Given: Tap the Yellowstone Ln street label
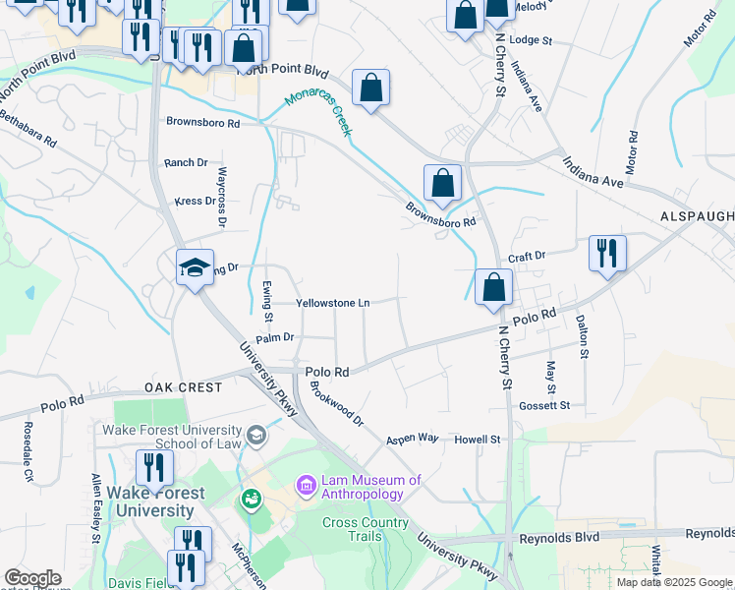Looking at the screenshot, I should pyautogui.click(x=333, y=304).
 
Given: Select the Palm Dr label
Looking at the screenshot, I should pyautogui.click(x=274, y=337).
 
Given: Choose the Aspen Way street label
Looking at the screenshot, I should pyautogui.click(x=412, y=439).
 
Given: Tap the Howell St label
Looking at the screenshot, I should pyautogui.click(x=478, y=439).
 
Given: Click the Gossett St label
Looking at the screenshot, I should pyautogui.click(x=546, y=405).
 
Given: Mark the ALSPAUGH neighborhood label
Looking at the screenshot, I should pyautogui.click(x=698, y=216).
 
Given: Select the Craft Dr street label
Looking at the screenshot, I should pyautogui.click(x=527, y=256).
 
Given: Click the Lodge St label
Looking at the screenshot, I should pyautogui.click(x=532, y=41).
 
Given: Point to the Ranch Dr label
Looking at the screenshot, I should pyautogui.click(x=186, y=162).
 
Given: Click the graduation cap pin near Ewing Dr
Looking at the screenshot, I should pyautogui.click(x=196, y=266).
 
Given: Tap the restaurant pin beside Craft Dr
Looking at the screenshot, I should pyautogui.click(x=607, y=253).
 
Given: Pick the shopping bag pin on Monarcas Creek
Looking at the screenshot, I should pyautogui.click(x=371, y=88).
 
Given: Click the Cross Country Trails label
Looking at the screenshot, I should pyautogui.click(x=365, y=529).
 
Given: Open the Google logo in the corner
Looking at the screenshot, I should pyautogui.click(x=32, y=578).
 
